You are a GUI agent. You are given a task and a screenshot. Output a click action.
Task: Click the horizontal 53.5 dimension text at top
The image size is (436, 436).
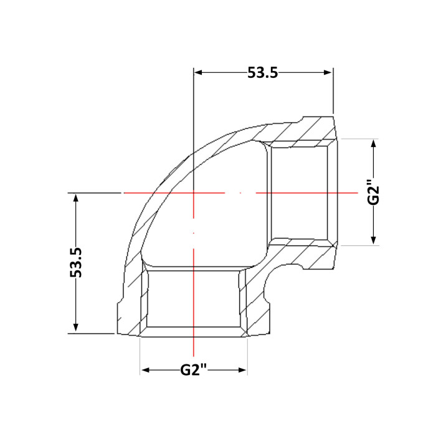(x=262, y=73)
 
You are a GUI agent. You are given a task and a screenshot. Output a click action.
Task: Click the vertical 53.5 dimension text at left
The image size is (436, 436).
(x=76, y=262)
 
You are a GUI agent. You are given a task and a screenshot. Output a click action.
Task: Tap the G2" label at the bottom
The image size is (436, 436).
(x=194, y=370)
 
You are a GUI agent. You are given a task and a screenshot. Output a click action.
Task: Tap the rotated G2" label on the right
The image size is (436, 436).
(x=373, y=192)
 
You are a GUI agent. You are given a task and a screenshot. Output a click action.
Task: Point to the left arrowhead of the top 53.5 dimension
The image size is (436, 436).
(x=198, y=73)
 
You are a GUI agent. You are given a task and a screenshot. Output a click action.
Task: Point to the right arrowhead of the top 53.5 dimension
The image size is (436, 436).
(x=328, y=73)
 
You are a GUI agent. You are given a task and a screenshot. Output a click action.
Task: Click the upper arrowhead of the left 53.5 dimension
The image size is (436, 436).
(x=75, y=198)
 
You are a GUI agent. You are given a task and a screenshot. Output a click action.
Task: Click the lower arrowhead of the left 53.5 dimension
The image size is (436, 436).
(x=75, y=327)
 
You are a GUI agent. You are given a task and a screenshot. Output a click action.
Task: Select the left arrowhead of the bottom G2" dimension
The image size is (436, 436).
(x=146, y=370)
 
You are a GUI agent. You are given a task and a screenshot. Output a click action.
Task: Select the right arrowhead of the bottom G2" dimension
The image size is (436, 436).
(x=242, y=370)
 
